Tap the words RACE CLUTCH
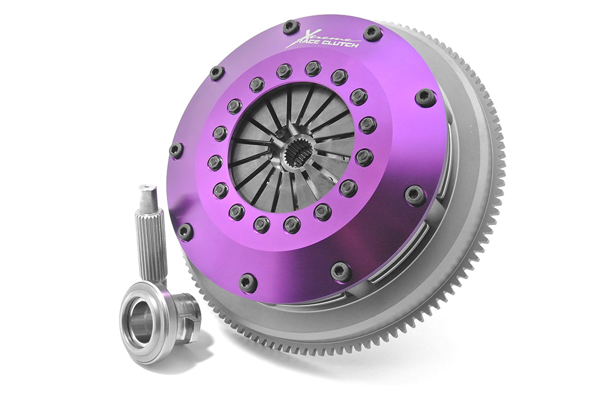323,45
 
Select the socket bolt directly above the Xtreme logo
290,27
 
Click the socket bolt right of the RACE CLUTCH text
372,32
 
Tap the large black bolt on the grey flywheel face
425,97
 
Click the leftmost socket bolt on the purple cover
176,150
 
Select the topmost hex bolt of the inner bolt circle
313,68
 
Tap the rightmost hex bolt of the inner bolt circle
367,125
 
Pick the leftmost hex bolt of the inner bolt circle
215,162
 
